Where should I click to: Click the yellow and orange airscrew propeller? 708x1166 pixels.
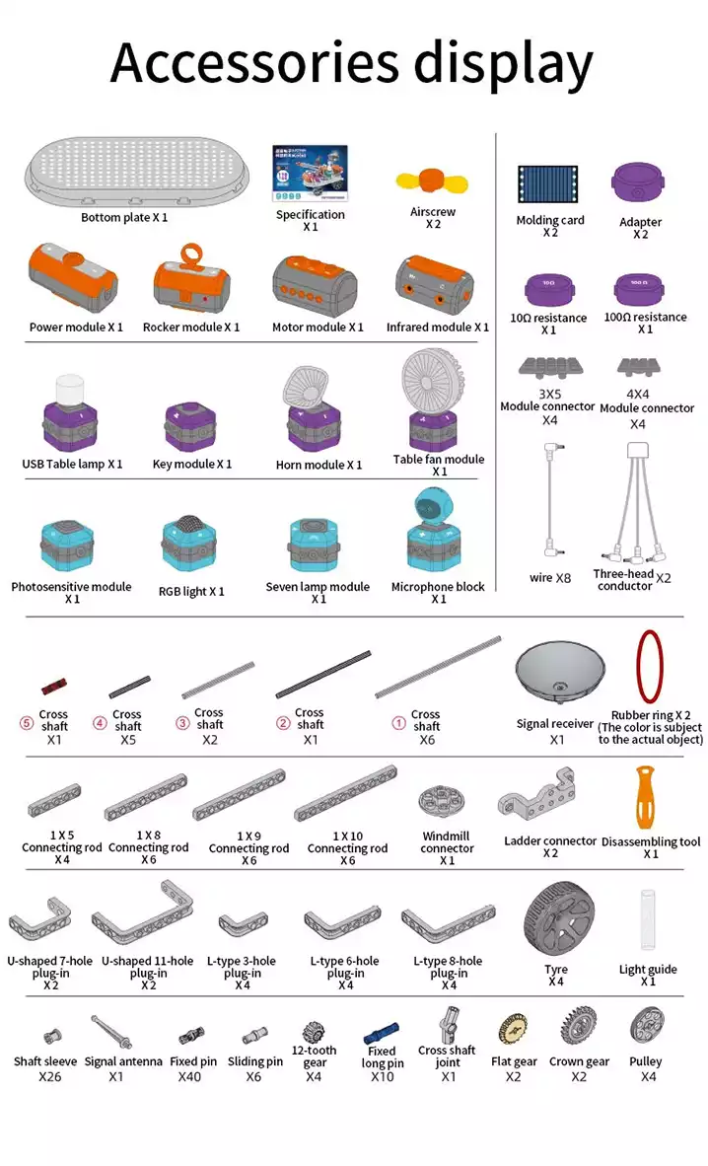432,182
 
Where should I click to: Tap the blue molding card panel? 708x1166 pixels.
548,184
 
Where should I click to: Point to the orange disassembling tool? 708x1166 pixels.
645,797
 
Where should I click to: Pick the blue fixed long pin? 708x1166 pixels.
382,1034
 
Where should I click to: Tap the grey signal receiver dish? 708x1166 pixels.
559,672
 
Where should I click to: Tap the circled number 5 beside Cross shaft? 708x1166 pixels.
26,722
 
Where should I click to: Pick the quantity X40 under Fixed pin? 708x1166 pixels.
189,1077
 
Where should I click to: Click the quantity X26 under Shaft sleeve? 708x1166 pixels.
50,1077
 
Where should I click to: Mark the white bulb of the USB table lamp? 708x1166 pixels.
70,391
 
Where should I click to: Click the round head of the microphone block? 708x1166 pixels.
430,507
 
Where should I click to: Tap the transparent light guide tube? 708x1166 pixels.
647,920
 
